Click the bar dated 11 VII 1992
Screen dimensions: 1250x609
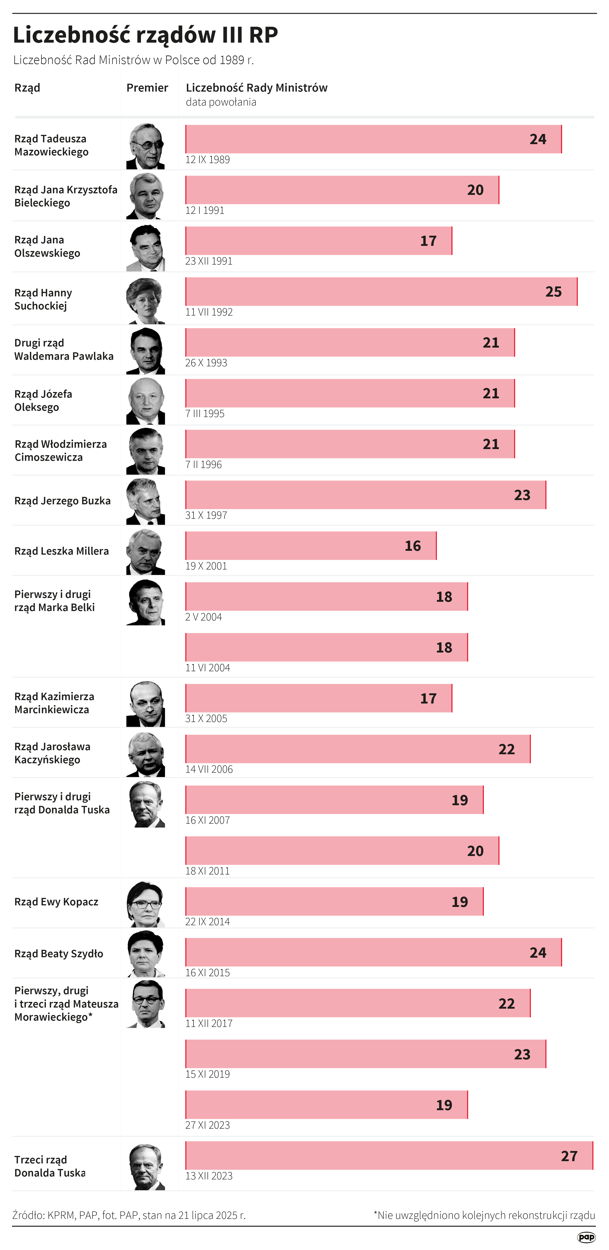pos(381,292)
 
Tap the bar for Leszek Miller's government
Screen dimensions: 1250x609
pos(311,545)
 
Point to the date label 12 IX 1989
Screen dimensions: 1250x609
pos(208,160)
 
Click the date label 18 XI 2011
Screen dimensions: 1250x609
pos(208,871)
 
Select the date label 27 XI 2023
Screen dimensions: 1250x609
pos(208,1125)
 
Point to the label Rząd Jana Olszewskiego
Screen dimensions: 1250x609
pos(47,247)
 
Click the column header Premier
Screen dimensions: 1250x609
pos(147,88)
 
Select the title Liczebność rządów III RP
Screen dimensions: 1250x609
pos(145,35)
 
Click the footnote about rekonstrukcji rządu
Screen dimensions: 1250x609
pos(484,1215)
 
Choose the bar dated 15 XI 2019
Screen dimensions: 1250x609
pos(365,1054)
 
